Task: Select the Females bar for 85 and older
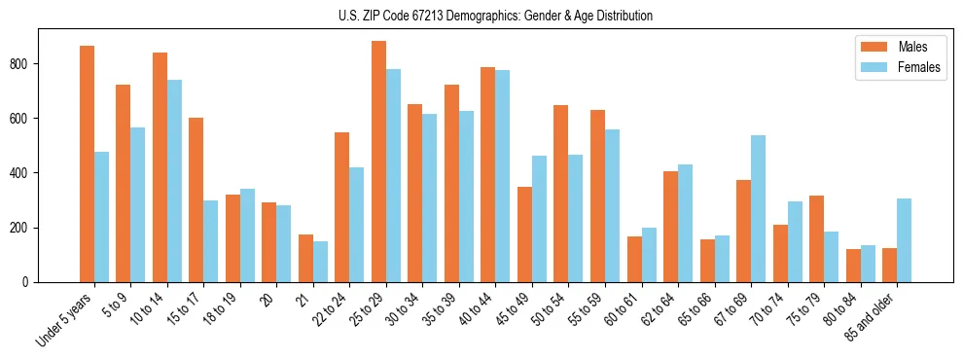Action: click(904, 240)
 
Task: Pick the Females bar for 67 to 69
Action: click(758, 208)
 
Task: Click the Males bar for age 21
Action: click(305, 258)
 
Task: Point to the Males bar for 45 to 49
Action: click(524, 234)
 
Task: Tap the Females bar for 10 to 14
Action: click(174, 181)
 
